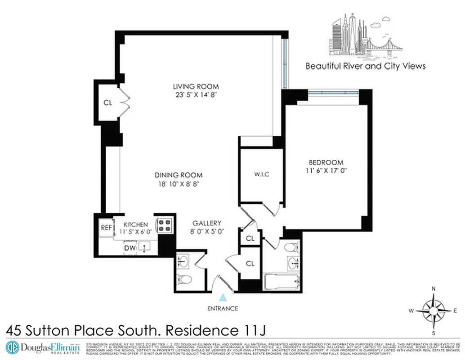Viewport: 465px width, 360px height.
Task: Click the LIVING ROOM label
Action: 196,86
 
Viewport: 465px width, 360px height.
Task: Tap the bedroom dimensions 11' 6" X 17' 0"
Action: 326,171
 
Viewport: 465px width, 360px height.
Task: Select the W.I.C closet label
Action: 261,174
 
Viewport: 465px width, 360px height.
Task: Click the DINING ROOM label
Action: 179,175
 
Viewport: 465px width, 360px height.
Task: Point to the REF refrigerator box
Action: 106,228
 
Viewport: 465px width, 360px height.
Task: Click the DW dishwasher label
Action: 130,247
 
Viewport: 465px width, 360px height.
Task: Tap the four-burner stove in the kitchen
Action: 165,225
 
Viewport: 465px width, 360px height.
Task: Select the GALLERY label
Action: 207,223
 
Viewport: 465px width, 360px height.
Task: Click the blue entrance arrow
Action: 223,297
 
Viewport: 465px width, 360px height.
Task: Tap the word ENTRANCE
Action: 223,308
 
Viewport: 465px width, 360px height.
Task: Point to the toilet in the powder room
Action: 185,279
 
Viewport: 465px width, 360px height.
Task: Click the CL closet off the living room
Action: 107,103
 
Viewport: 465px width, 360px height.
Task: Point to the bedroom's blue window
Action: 333,92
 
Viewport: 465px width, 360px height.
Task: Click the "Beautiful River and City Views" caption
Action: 365,66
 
